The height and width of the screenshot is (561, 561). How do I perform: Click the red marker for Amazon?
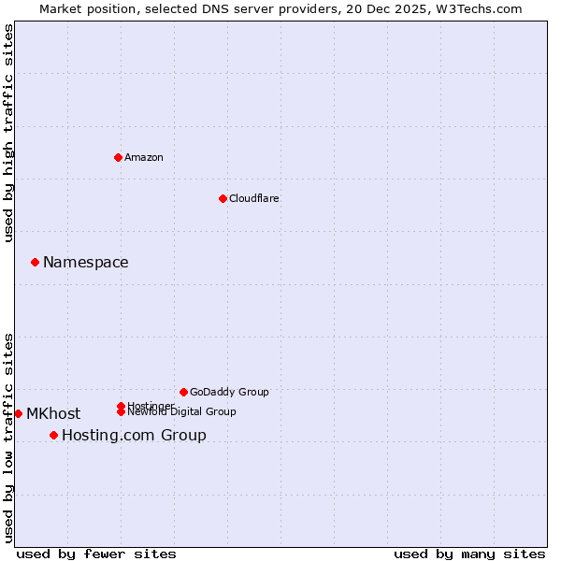[118, 157]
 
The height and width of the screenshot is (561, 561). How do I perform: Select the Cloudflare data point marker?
[223, 198]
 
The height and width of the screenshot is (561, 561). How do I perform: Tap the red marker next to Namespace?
[35, 262]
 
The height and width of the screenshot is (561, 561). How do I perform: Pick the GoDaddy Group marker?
[183, 392]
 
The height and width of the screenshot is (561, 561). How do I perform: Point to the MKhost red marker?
[18, 413]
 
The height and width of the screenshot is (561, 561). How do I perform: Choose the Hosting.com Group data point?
[53, 435]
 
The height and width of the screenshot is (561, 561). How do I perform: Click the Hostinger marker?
[121, 406]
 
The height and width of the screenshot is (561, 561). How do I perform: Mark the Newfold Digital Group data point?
[122, 411]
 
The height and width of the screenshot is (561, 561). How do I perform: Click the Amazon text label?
[144, 157]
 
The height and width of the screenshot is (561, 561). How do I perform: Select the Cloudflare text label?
[254, 198]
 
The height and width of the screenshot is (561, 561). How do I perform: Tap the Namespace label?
[86, 263]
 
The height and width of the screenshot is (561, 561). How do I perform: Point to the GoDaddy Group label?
[229, 392]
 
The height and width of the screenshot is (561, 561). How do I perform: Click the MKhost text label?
[53, 414]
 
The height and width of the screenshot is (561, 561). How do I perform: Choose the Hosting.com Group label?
[134, 436]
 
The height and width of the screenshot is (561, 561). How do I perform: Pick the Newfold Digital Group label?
[182, 412]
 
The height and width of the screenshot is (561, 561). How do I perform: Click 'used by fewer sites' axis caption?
[96, 554]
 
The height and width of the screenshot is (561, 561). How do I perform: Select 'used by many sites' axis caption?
[469, 554]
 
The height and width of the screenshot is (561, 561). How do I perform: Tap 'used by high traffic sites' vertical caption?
[9, 134]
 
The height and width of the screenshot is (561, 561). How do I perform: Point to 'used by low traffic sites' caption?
[9, 438]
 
